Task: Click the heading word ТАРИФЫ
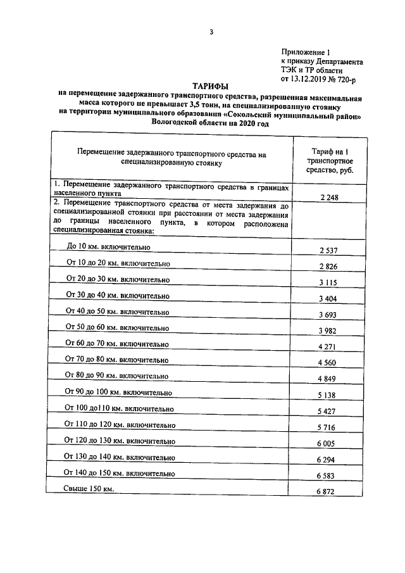[x=211, y=85]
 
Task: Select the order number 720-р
[x=346, y=80]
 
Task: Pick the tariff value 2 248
[x=329, y=198]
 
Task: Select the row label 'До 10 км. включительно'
[x=109, y=247]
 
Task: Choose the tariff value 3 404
[x=329, y=298]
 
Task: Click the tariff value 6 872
[x=329, y=493]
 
